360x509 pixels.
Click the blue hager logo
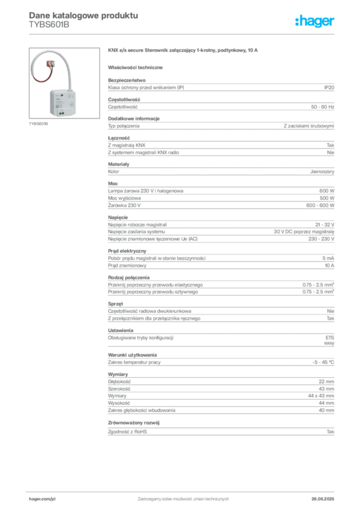tap(316, 21)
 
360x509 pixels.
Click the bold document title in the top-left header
tap(82, 15)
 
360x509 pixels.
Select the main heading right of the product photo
tap(182, 51)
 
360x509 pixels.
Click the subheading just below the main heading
tap(137, 67)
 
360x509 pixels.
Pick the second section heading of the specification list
tap(135, 118)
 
